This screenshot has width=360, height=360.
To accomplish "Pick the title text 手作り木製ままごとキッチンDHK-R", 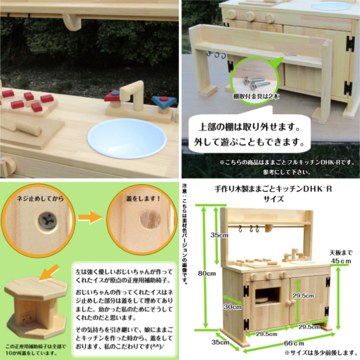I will tap(273, 189).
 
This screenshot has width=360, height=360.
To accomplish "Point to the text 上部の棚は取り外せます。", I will tap(252, 128).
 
